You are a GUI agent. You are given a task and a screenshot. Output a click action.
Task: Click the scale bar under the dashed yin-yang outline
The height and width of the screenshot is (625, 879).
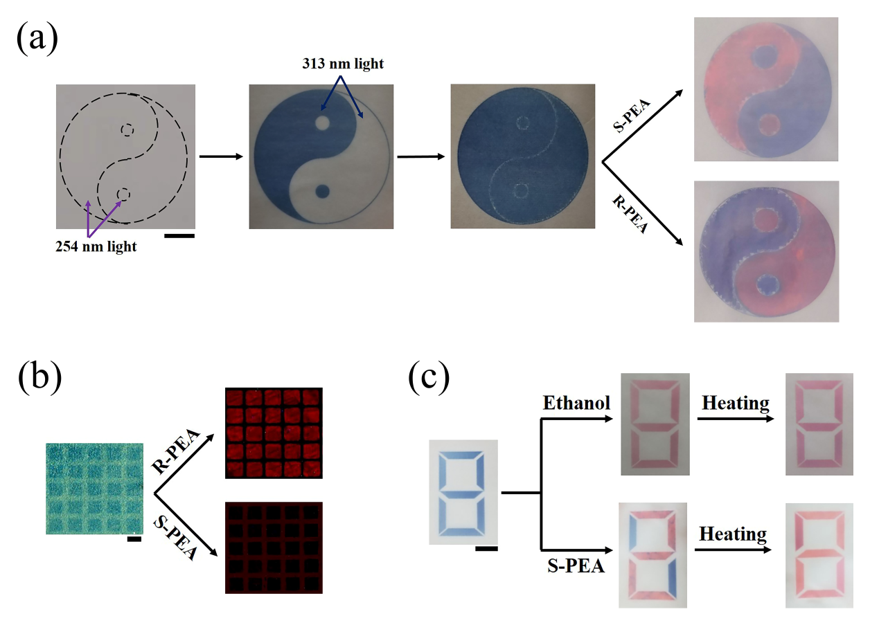(x=179, y=236)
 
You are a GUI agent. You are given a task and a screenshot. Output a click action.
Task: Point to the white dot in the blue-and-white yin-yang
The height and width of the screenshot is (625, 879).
(x=322, y=123)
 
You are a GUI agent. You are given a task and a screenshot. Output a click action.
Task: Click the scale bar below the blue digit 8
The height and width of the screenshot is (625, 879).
(x=487, y=550)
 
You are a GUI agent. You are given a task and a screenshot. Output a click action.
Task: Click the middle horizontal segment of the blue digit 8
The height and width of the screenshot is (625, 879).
(x=463, y=492)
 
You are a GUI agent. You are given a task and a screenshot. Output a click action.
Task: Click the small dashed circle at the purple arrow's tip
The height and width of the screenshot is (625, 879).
(x=123, y=194)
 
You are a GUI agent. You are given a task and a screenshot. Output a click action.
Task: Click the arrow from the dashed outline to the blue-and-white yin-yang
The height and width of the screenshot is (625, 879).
(x=220, y=156)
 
